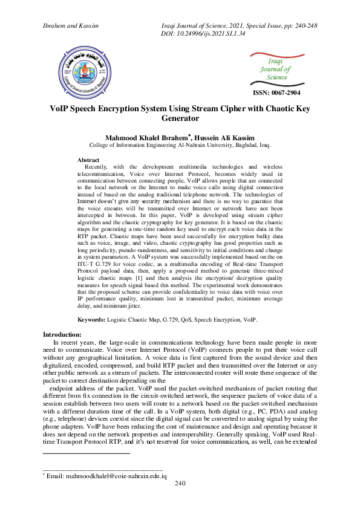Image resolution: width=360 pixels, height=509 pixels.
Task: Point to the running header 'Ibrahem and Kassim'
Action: coord(70,26)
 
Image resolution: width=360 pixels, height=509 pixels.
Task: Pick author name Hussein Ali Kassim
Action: coord(216,138)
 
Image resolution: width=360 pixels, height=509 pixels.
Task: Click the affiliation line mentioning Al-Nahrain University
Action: coord(180,146)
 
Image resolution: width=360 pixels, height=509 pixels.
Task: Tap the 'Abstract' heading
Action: coord(90,160)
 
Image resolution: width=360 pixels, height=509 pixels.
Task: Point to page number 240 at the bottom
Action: coord(180,484)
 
